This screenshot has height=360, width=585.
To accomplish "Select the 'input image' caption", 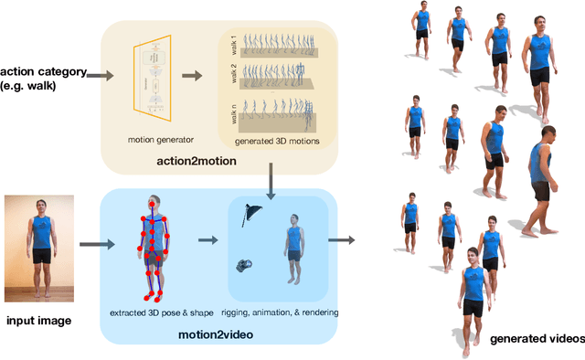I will tap(37, 320).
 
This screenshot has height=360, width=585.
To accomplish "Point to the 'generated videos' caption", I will tap(537, 339).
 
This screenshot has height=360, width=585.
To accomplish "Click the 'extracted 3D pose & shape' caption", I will tap(154, 312).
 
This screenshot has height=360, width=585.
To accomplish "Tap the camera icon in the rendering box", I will tap(244, 267).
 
